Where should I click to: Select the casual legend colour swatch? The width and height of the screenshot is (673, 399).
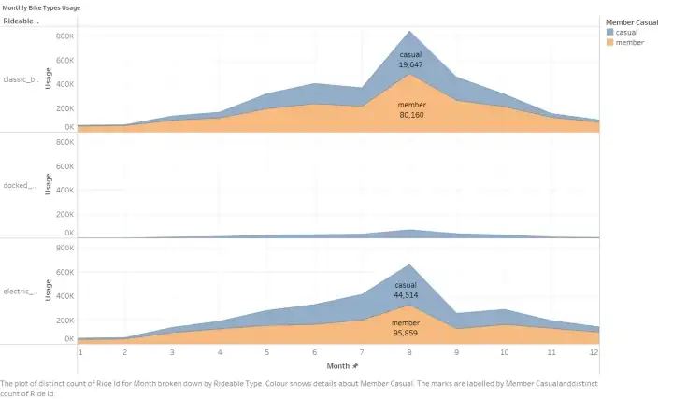click(x=610, y=33)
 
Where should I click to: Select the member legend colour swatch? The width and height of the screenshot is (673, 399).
click(x=610, y=42)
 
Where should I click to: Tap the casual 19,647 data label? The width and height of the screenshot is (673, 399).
click(x=411, y=60)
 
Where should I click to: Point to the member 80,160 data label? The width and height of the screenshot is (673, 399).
click(x=411, y=110)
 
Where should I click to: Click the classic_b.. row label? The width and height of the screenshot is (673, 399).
click(x=21, y=79)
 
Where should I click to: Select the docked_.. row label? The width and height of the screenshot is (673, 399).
click(x=19, y=185)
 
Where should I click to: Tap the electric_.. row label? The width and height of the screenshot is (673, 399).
click(x=21, y=292)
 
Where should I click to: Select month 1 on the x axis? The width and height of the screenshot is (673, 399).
click(x=80, y=352)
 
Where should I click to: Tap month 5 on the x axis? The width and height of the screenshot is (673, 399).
click(x=268, y=352)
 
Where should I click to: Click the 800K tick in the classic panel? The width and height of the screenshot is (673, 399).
click(x=64, y=36)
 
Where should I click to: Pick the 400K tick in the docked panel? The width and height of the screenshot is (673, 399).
click(x=64, y=188)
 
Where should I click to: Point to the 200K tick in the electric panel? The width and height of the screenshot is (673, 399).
click(x=64, y=319)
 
